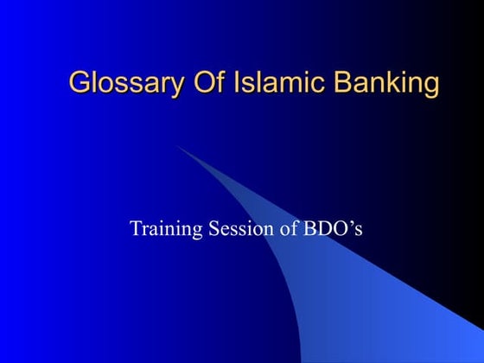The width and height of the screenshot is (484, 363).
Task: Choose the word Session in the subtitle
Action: [235, 229]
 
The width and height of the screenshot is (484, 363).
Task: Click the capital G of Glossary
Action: [79, 83]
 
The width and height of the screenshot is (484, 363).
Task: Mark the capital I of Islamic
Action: [214, 83]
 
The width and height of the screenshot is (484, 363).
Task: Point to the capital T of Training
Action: [135, 229]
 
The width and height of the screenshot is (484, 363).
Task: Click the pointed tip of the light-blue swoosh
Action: [178, 147]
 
